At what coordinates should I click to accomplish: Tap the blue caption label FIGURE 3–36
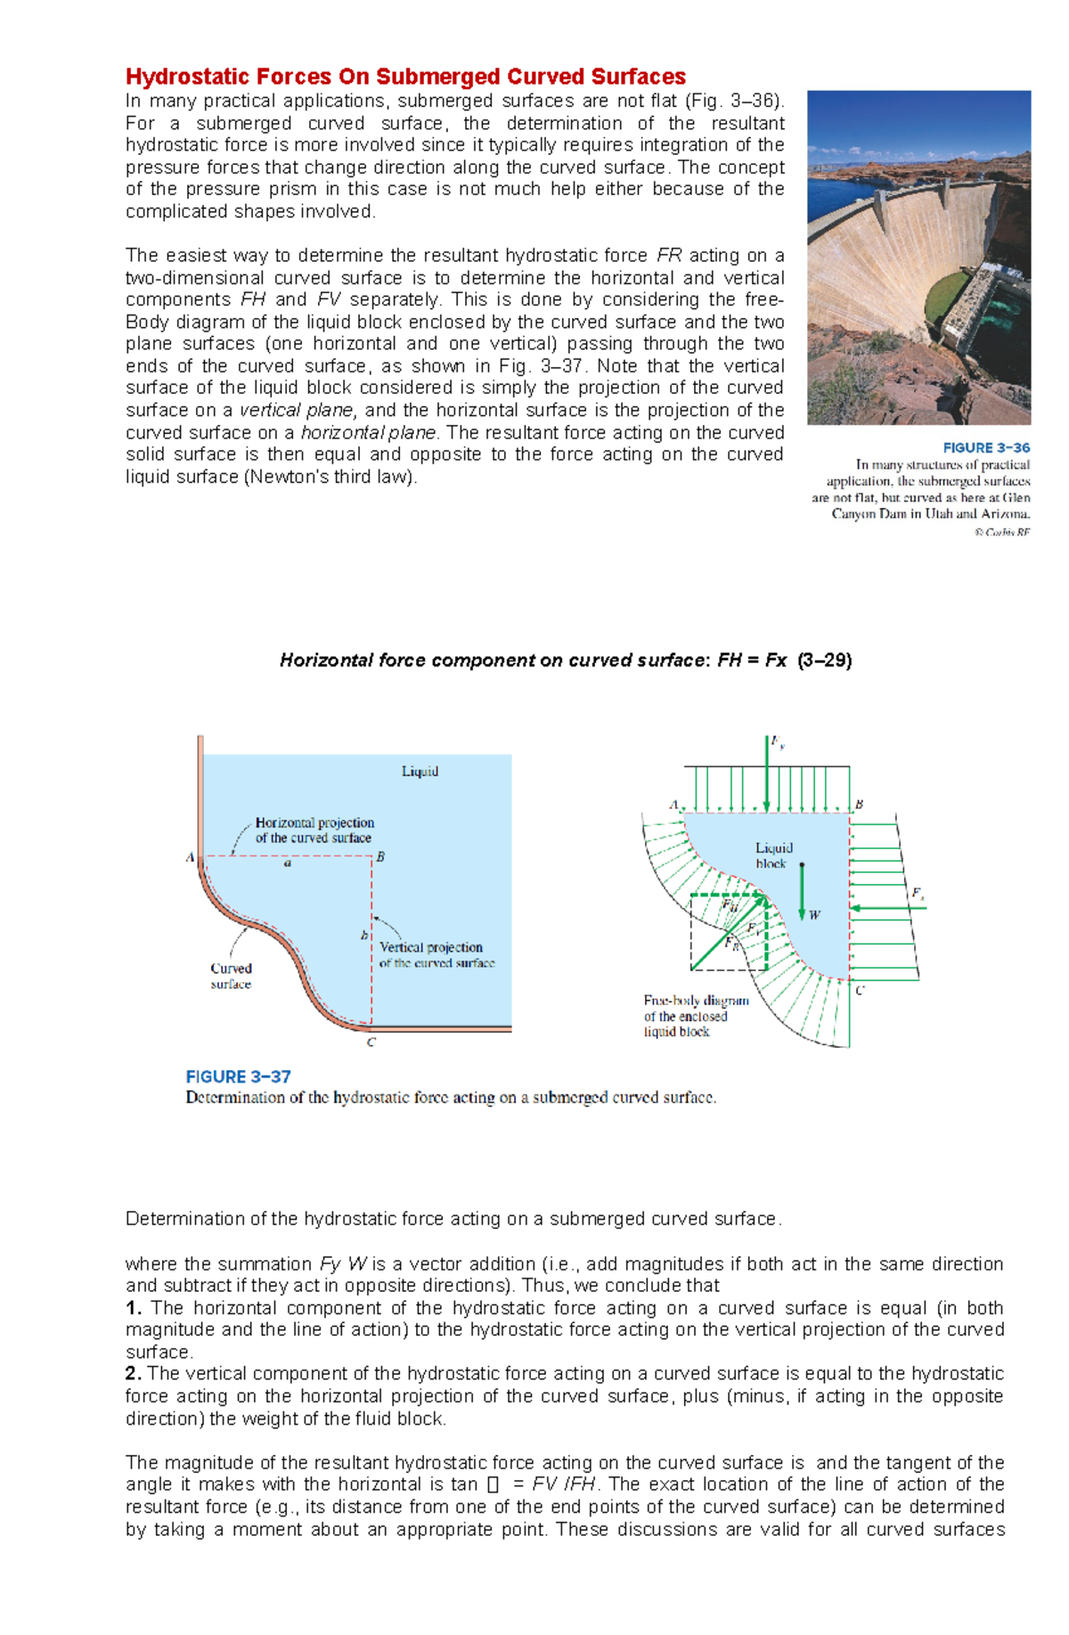(x=986, y=448)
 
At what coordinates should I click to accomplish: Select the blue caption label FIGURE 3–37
(x=238, y=1076)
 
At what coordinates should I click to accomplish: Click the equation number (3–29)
(x=825, y=660)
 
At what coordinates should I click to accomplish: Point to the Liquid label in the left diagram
(x=420, y=772)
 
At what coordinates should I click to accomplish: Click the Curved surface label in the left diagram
(x=231, y=976)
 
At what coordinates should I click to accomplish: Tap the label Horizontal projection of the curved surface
(x=314, y=830)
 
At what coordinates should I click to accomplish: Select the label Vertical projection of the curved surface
(x=435, y=954)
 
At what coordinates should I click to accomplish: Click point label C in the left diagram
(x=371, y=1042)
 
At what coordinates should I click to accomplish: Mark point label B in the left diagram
(x=380, y=857)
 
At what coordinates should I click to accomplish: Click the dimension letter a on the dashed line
(x=287, y=863)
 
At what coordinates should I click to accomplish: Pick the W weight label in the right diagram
(x=814, y=915)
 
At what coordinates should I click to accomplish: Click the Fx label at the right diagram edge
(x=917, y=893)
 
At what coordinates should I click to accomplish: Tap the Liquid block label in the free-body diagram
(x=773, y=855)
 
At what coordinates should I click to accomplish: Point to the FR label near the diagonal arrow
(x=731, y=943)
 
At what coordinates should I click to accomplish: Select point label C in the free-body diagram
(x=859, y=990)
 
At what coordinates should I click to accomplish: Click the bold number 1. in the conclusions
(x=134, y=1308)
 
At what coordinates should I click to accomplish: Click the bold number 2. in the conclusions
(x=134, y=1374)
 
